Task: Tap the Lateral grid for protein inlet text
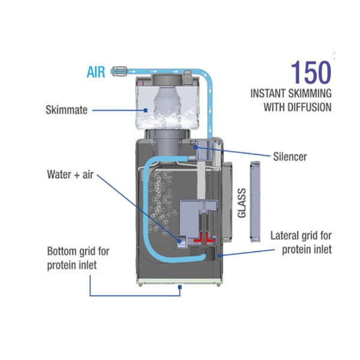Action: pos(301,242)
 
